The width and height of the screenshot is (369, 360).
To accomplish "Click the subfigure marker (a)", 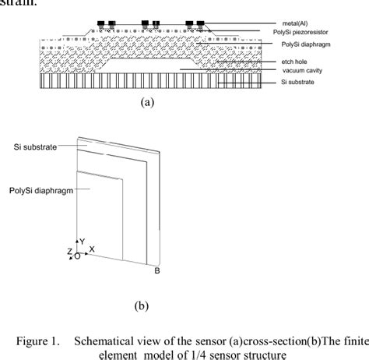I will [145, 101].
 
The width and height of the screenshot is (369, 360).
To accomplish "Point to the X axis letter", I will [92, 249].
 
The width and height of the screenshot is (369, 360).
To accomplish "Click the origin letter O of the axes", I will [76, 255].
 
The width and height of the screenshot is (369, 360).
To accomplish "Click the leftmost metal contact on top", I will [100, 24].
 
